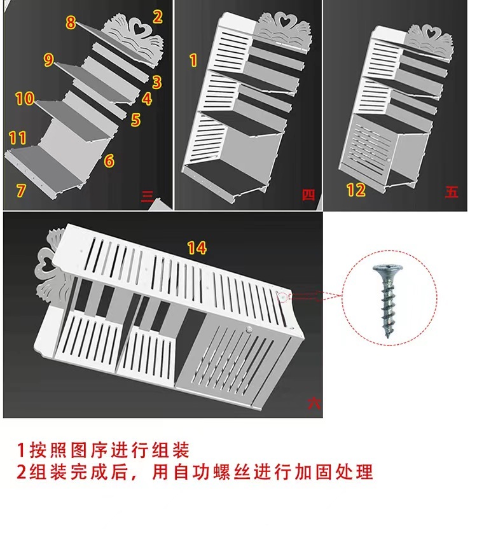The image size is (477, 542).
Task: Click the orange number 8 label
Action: tap(71, 23)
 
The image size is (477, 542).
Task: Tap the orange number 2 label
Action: tap(157, 17)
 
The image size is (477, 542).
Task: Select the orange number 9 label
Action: tap(49, 60)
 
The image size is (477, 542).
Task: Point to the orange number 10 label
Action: tap(25, 99)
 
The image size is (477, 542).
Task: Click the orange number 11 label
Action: tap(18, 137)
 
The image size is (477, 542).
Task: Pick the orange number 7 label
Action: tap(22, 189)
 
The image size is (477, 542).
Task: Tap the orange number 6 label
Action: tap(109, 161)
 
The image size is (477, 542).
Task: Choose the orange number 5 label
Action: tap(135, 120)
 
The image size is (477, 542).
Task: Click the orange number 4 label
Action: tap(147, 99)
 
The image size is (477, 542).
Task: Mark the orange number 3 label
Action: tap(157, 82)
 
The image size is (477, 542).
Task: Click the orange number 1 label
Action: tap(193, 60)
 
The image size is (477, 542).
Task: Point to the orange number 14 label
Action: tap(197, 248)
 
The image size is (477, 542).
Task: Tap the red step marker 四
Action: tap(308, 195)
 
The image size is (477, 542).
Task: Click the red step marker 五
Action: tap(452, 191)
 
